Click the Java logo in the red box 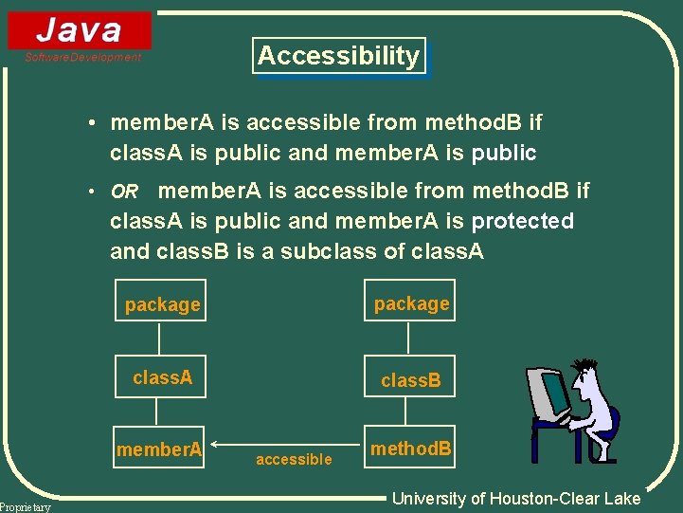[x=80, y=29]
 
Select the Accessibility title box [x=338, y=56]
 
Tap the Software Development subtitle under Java [x=82, y=58]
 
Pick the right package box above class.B [x=410, y=302]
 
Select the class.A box [x=162, y=377]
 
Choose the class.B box [x=410, y=379]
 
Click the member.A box [x=159, y=449]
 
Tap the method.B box [x=410, y=449]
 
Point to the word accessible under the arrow [x=294, y=460]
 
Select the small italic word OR [x=124, y=192]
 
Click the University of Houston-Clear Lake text [x=516, y=499]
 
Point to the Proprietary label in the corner [x=26, y=507]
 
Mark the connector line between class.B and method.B [x=406, y=411]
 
